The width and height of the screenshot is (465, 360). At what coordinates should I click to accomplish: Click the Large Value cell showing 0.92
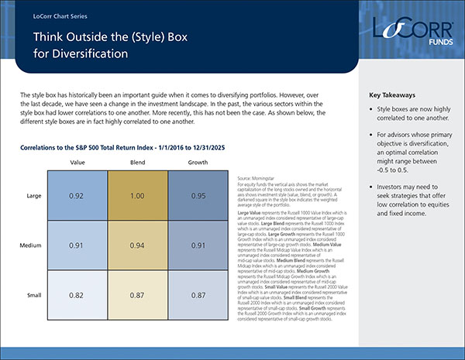coord(77,197)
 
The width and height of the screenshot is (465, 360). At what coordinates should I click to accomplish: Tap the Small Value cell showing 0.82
coord(77,297)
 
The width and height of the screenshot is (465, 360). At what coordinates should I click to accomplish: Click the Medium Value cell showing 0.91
coord(77,247)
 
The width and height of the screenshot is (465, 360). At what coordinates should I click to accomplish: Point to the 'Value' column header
coord(77,163)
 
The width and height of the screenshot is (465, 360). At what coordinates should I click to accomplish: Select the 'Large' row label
coord(33,197)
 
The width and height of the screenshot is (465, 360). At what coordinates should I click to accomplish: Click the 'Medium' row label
coord(31,247)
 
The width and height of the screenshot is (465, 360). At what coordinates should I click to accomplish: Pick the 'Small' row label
coord(33,297)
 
